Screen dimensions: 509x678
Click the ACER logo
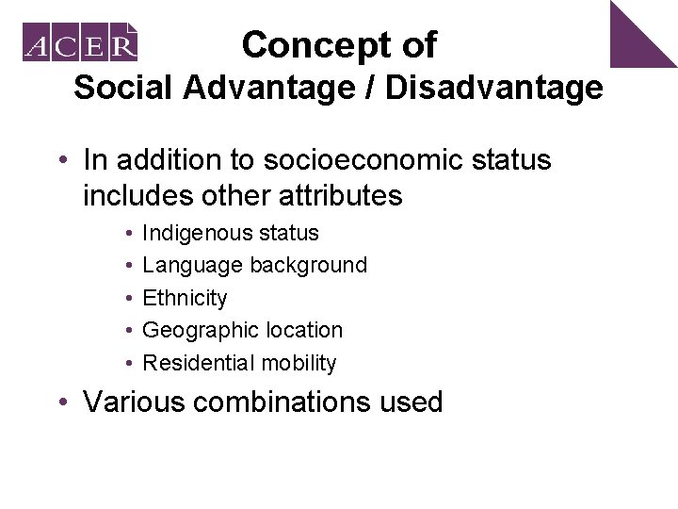coord(81,42)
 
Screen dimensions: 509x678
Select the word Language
coord(193,266)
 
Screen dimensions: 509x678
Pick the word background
coord(308,266)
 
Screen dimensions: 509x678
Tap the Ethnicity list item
coord(185,298)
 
